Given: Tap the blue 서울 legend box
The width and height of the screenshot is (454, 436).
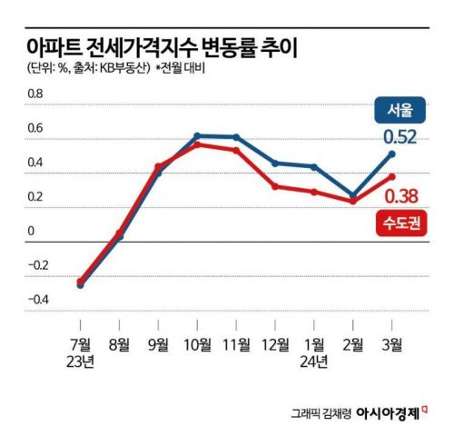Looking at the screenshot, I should pyautogui.click(x=399, y=111).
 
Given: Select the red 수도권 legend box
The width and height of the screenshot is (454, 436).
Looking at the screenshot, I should pyautogui.click(x=399, y=223).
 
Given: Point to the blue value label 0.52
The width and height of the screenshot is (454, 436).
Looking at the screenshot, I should pyautogui.click(x=400, y=137).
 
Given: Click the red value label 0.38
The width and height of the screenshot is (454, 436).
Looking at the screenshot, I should pyautogui.click(x=400, y=195).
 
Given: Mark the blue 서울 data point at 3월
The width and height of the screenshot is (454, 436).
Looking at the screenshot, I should pyautogui.click(x=391, y=154).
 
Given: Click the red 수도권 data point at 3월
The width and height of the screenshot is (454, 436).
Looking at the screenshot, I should pyautogui.click(x=391, y=176).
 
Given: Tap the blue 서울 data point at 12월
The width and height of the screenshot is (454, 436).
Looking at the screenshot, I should pyautogui.click(x=275, y=163).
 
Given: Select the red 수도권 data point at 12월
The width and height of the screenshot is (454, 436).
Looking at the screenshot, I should pyautogui.click(x=275, y=186).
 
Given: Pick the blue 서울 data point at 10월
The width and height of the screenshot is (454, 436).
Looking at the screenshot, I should pyautogui.click(x=197, y=135).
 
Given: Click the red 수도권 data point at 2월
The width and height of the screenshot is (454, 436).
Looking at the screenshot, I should pyautogui.click(x=353, y=202).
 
